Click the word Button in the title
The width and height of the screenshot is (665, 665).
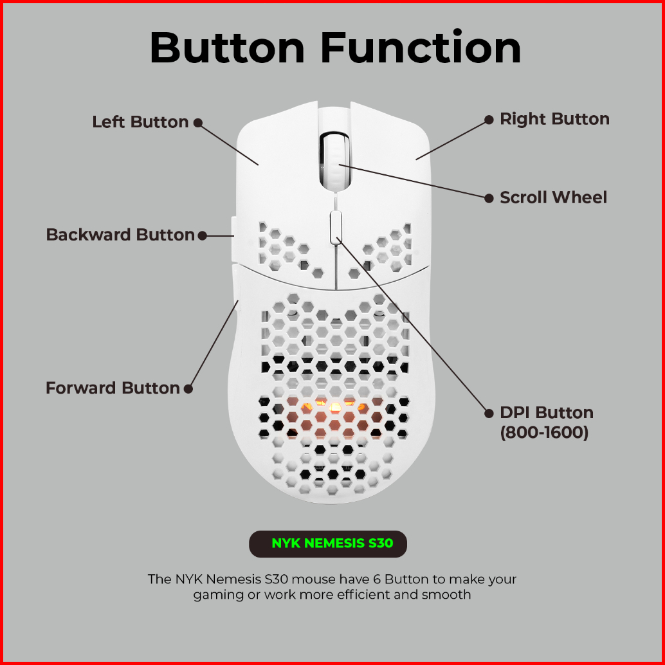227,48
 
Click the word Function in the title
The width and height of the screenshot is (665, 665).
421,48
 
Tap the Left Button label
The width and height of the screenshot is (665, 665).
140,122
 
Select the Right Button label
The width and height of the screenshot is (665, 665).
554,119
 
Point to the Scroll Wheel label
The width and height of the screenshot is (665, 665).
553,197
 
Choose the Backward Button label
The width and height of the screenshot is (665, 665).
120,235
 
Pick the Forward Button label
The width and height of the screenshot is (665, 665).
113,388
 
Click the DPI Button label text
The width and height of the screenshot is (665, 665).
547,413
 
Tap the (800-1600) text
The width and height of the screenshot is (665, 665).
544,433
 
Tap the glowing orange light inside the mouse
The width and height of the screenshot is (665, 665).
334,407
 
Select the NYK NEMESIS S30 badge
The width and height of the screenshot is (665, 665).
328,543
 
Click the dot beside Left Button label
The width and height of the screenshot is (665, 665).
198,122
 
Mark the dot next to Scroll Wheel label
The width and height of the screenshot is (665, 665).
488,198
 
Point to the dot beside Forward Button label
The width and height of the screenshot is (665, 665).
188,388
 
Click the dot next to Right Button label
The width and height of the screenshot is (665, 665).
488,120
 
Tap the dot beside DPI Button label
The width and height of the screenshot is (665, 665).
488,413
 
